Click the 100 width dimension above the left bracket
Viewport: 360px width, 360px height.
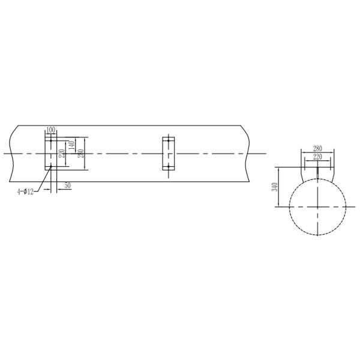tap(50, 130)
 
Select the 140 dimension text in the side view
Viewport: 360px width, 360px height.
tap(71, 145)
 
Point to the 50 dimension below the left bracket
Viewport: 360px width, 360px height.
tap(68, 186)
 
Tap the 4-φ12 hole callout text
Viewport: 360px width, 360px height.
tap(25, 191)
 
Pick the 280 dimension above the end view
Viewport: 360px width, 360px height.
tap(317, 148)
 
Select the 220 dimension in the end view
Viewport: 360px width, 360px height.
tap(317, 156)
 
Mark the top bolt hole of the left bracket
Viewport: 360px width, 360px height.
tap(51, 141)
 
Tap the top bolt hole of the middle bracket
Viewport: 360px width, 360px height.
tap(169, 141)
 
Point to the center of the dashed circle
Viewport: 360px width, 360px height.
tap(317, 206)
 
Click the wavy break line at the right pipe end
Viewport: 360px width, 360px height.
tap(247, 154)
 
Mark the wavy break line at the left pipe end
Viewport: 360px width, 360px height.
tap(12, 154)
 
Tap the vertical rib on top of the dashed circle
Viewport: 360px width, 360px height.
tap(317, 171)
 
